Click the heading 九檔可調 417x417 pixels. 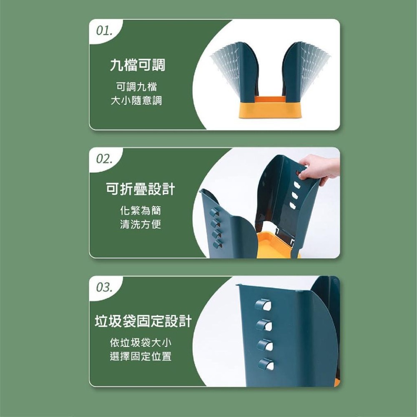point(138,65)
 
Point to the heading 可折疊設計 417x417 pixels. point(141,190)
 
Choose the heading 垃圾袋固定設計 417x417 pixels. point(143,322)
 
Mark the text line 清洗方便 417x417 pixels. point(140,225)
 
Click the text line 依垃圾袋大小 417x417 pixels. point(140,343)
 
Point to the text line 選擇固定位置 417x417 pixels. point(140,357)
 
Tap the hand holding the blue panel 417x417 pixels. point(319,167)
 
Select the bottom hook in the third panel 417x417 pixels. point(265,364)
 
